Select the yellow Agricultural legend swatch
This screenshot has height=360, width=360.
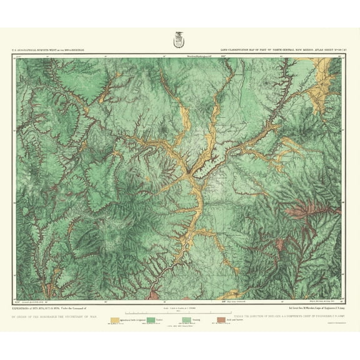(115, 321)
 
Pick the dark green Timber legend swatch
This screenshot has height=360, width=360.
(151, 321)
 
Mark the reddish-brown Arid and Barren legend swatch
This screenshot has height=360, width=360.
(222, 321)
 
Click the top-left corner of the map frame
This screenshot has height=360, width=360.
(14, 54)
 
